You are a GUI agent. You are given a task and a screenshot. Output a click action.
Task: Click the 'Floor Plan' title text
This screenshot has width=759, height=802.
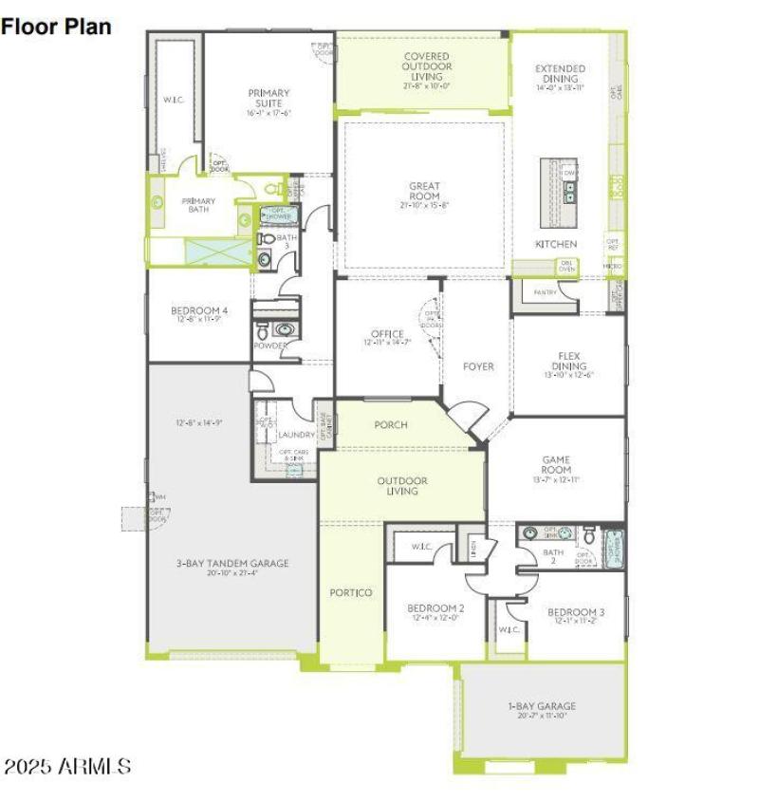coord(56,27)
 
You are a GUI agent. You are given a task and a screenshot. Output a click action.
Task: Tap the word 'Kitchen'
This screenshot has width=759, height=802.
coord(556,245)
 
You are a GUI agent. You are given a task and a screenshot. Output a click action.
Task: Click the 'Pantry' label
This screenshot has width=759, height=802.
coord(545,292)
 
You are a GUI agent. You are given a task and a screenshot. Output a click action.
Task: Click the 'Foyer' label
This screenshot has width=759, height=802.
coord(478,366)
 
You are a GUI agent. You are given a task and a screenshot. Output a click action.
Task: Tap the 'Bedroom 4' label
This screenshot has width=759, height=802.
coord(199,314)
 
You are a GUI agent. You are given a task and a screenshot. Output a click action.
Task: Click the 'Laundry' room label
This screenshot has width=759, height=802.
coord(297,435)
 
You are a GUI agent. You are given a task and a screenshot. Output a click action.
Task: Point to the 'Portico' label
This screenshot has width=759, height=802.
coord(351,592)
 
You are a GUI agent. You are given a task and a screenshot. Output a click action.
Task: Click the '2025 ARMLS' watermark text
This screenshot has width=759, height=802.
coord(67,766)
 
